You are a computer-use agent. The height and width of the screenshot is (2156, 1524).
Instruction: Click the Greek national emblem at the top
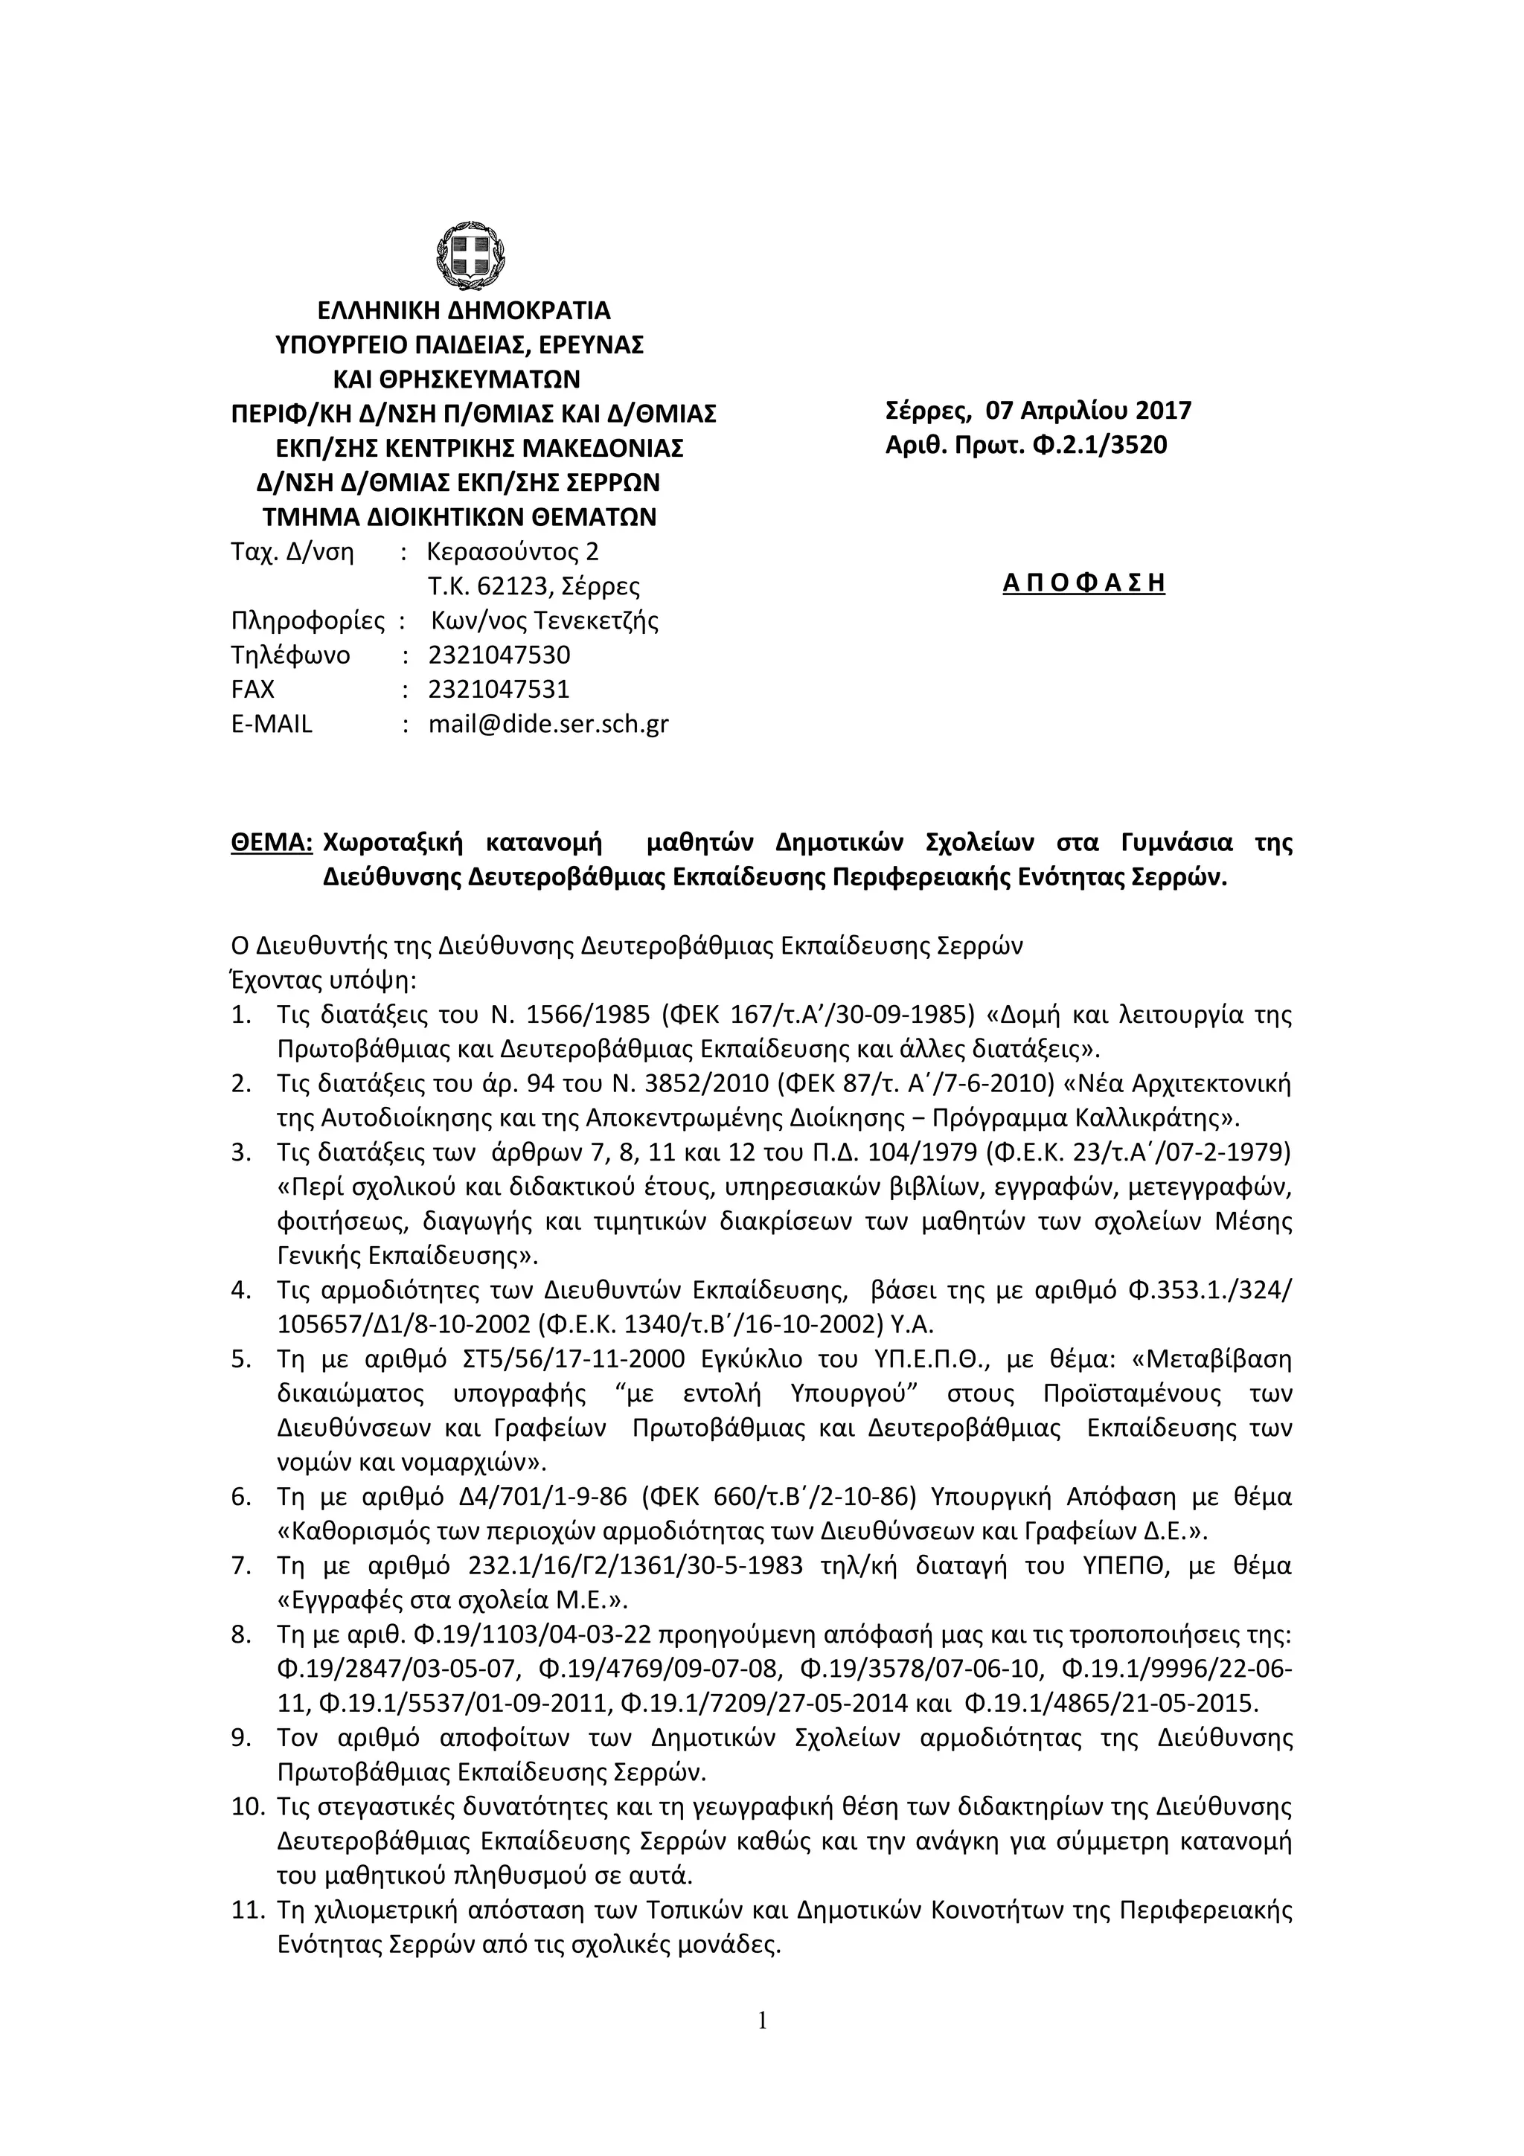(x=471, y=258)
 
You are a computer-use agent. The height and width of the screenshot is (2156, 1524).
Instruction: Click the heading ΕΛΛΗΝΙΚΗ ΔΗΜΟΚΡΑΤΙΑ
(x=463, y=310)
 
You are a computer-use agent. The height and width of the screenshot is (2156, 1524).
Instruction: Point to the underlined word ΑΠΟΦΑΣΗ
(x=1083, y=583)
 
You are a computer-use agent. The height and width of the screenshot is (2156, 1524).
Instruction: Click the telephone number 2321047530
(x=499, y=655)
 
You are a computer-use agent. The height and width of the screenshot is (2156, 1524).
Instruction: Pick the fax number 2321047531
(x=499, y=689)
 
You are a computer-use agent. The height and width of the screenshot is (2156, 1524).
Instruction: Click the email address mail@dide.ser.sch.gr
(x=548, y=724)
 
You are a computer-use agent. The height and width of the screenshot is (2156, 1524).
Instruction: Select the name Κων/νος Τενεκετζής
(x=545, y=620)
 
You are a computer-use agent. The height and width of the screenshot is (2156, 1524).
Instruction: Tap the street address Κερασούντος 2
(x=512, y=551)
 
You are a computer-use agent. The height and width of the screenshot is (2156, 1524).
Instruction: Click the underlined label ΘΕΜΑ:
(x=272, y=842)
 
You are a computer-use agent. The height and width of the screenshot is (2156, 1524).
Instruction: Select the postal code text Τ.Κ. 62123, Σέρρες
(x=534, y=587)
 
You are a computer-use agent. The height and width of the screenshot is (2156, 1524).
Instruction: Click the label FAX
(x=252, y=689)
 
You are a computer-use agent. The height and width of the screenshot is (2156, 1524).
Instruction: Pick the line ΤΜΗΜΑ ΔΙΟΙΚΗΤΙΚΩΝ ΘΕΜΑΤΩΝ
(x=458, y=517)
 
